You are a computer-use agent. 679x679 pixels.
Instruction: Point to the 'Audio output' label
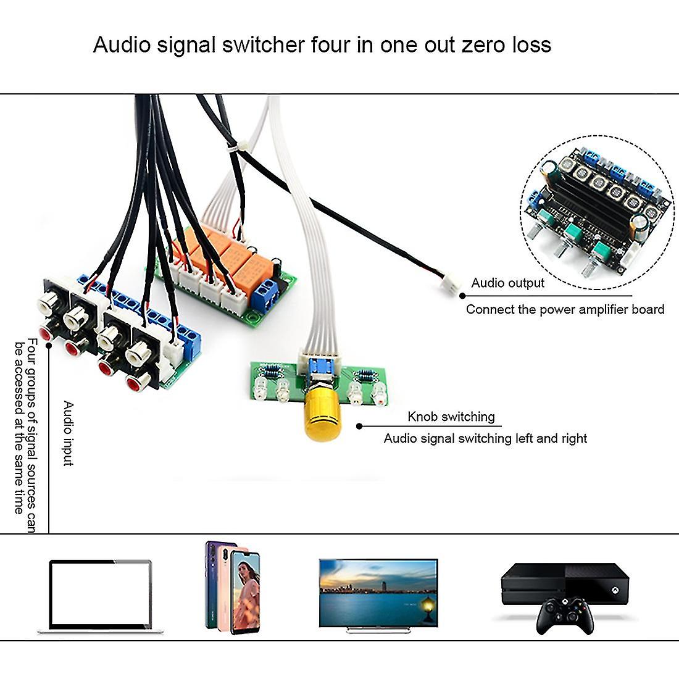click(507, 283)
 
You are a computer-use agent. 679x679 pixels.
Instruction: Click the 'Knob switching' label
click(451, 417)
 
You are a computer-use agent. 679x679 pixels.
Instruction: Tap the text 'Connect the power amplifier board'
click(565, 310)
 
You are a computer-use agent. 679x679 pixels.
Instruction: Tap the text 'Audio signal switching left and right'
click(485, 438)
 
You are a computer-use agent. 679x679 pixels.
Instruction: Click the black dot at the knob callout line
click(359, 425)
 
